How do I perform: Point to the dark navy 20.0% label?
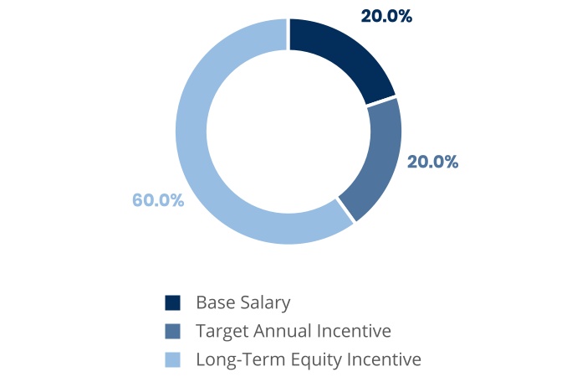click(x=386, y=16)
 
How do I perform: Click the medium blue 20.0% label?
click(x=433, y=162)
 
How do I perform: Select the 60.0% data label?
click(x=158, y=200)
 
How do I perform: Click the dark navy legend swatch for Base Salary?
click(x=172, y=302)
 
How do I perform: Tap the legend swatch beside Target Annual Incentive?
click(x=172, y=331)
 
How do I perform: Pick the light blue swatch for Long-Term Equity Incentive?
click(x=172, y=359)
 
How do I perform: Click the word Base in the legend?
click(x=215, y=302)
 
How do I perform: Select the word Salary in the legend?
click(x=265, y=303)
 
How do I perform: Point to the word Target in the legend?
click(x=222, y=331)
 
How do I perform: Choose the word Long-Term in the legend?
click(x=241, y=359)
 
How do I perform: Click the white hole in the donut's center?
click(x=288, y=132)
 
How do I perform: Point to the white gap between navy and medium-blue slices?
click(x=380, y=101)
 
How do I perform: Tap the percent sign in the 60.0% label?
click(x=177, y=200)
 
